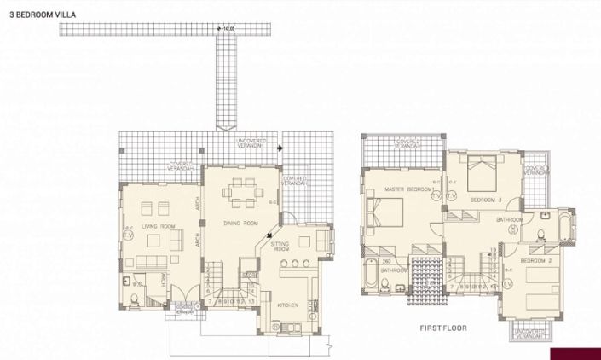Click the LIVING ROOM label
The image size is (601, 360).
(159, 226)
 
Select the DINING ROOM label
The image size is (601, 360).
(240, 223)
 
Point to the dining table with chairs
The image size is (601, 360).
(241, 192)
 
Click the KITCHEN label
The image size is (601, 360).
(287, 305)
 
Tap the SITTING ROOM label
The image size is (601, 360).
(280, 248)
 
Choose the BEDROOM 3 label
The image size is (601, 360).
(487, 200)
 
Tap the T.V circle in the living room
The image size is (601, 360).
(129, 237)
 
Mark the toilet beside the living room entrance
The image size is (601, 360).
(136, 297)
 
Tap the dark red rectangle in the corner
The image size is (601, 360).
(575, 353)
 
